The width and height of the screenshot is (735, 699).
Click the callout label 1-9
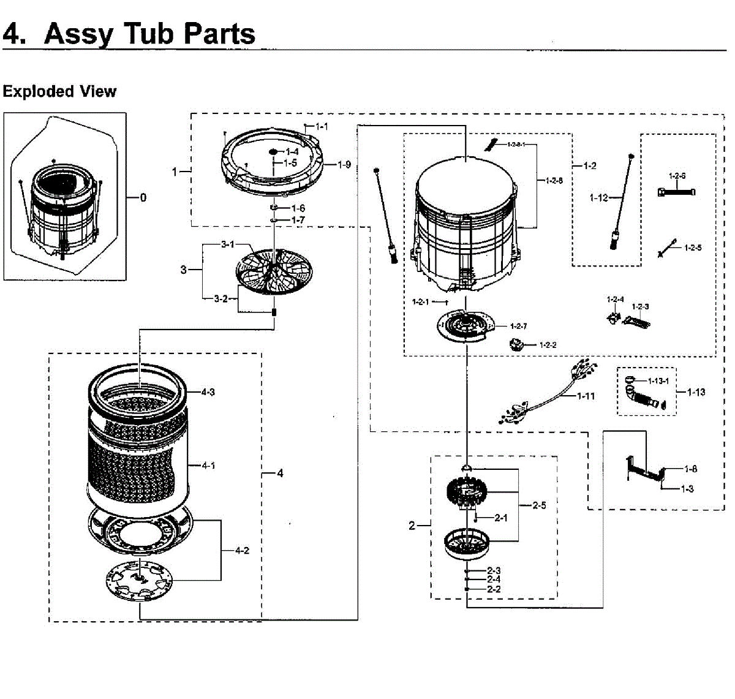click(x=344, y=164)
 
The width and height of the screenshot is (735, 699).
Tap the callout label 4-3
click(x=208, y=392)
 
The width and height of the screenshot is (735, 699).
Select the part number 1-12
click(x=599, y=198)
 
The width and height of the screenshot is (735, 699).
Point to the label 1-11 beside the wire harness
click(x=586, y=396)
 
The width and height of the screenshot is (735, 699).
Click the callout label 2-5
click(x=539, y=505)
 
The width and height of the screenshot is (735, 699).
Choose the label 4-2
click(x=242, y=550)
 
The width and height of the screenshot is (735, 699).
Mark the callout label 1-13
click(x=696, y=392)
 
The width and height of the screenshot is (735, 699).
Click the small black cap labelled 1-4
click(x=273, y=151)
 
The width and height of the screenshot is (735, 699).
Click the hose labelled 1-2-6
click(x=676, y=192)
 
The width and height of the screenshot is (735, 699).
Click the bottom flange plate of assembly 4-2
click(x=139, y=579)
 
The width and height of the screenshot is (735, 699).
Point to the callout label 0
click(x=143, y=197)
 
